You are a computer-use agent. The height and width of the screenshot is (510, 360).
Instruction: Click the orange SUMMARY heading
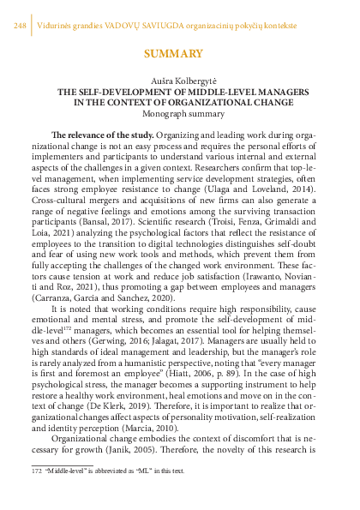point(179,54)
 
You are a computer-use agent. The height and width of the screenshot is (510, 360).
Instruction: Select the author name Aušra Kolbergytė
point(179,79)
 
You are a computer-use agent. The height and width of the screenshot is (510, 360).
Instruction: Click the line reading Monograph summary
point(179,112)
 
